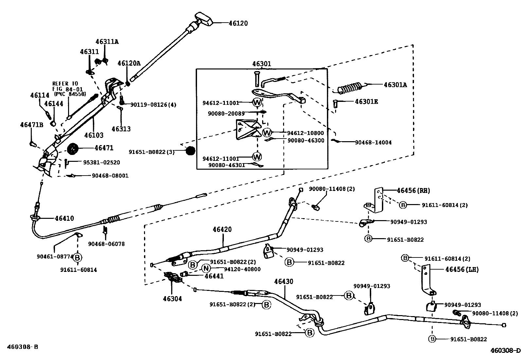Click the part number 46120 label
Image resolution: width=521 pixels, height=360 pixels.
tap(238, 23)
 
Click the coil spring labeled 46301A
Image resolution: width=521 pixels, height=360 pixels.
tap(350, 88)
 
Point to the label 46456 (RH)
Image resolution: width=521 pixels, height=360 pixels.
tap(413, 191)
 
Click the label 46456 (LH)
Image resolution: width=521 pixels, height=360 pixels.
tap(462, 270)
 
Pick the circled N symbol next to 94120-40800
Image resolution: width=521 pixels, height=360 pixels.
tap(206, 268)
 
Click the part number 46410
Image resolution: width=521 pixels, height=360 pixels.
tap(64, 218)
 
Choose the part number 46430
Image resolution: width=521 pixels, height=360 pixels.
tap(283, 281)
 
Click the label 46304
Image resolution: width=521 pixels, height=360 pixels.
tap(172, 299)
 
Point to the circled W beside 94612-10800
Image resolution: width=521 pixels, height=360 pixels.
tap(267, 133)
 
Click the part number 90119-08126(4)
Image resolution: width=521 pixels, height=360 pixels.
tap(153, 105)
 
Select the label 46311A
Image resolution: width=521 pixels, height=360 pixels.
tap(107, 42)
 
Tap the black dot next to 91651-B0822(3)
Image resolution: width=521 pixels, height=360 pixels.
tap(190, 151)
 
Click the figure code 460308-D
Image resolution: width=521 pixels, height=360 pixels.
tap(505, 351)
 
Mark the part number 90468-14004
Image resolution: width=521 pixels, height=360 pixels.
tap(373, 142)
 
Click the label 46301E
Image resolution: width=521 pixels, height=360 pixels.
tap(366, 102)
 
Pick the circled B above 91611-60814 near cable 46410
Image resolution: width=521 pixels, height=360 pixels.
tap(78, 257)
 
